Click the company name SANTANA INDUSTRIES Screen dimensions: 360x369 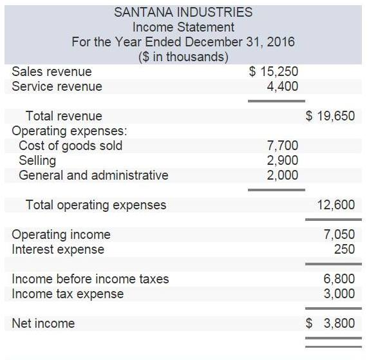[184, 12]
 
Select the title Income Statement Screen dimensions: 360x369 [184, 27]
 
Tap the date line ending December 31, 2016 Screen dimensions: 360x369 [184, 42]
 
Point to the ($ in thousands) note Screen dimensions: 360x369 [184, 57]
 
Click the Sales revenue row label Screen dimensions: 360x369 [52, 71]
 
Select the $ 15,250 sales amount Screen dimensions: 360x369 [274, 71]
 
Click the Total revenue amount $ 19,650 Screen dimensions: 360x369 [330, 116]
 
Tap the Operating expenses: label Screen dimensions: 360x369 [70, 131]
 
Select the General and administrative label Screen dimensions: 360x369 [93, 175]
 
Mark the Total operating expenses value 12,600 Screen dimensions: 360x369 [336, 205]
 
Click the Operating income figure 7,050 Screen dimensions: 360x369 [339, 234]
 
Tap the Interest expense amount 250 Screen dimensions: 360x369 [344, 249]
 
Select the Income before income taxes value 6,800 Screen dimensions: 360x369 [339, 279]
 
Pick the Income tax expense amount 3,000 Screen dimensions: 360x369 [339, 294]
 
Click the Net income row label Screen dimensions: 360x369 [43, 323]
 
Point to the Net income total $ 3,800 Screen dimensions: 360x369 [330, 323]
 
